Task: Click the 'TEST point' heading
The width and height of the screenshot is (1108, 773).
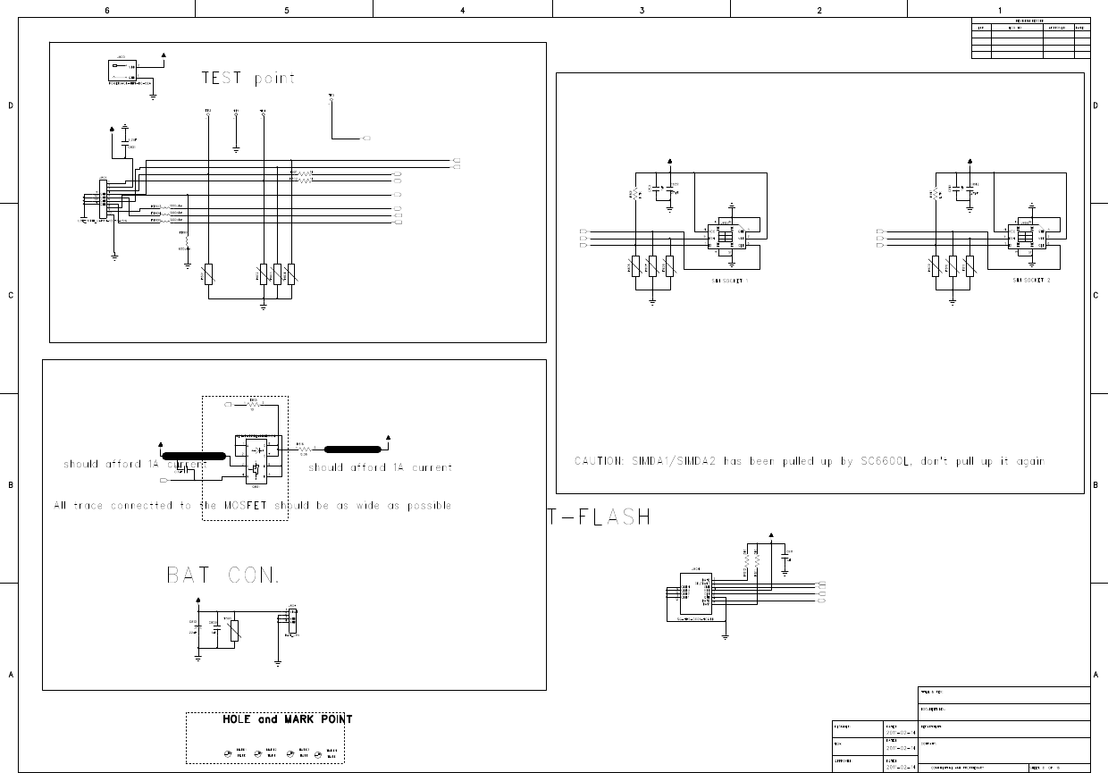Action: [248, 79]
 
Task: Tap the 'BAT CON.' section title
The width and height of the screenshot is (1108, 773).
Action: [223, 576]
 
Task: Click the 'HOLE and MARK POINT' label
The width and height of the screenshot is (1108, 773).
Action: [287, 719]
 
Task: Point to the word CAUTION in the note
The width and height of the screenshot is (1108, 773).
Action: [599, 462]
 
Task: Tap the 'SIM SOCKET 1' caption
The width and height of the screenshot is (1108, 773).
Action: [729, 281]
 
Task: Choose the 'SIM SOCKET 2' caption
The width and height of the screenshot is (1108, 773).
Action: [1031, 281]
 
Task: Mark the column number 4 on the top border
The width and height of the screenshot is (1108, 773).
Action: [462, 10]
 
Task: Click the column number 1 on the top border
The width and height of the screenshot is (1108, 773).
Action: [1000, 10]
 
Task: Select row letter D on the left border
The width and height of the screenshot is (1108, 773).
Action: [10, 106]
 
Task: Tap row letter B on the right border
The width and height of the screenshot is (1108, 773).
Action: [1095, 485]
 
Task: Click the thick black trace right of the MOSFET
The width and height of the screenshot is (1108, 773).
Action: [354, 450]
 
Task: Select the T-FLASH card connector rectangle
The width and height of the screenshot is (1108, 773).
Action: [695, 594]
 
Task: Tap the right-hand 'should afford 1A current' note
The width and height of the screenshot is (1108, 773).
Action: [380, 467]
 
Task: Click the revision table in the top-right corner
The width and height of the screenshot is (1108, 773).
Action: [1030, 38]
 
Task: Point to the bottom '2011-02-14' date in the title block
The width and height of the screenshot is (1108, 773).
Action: [900, 767]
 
